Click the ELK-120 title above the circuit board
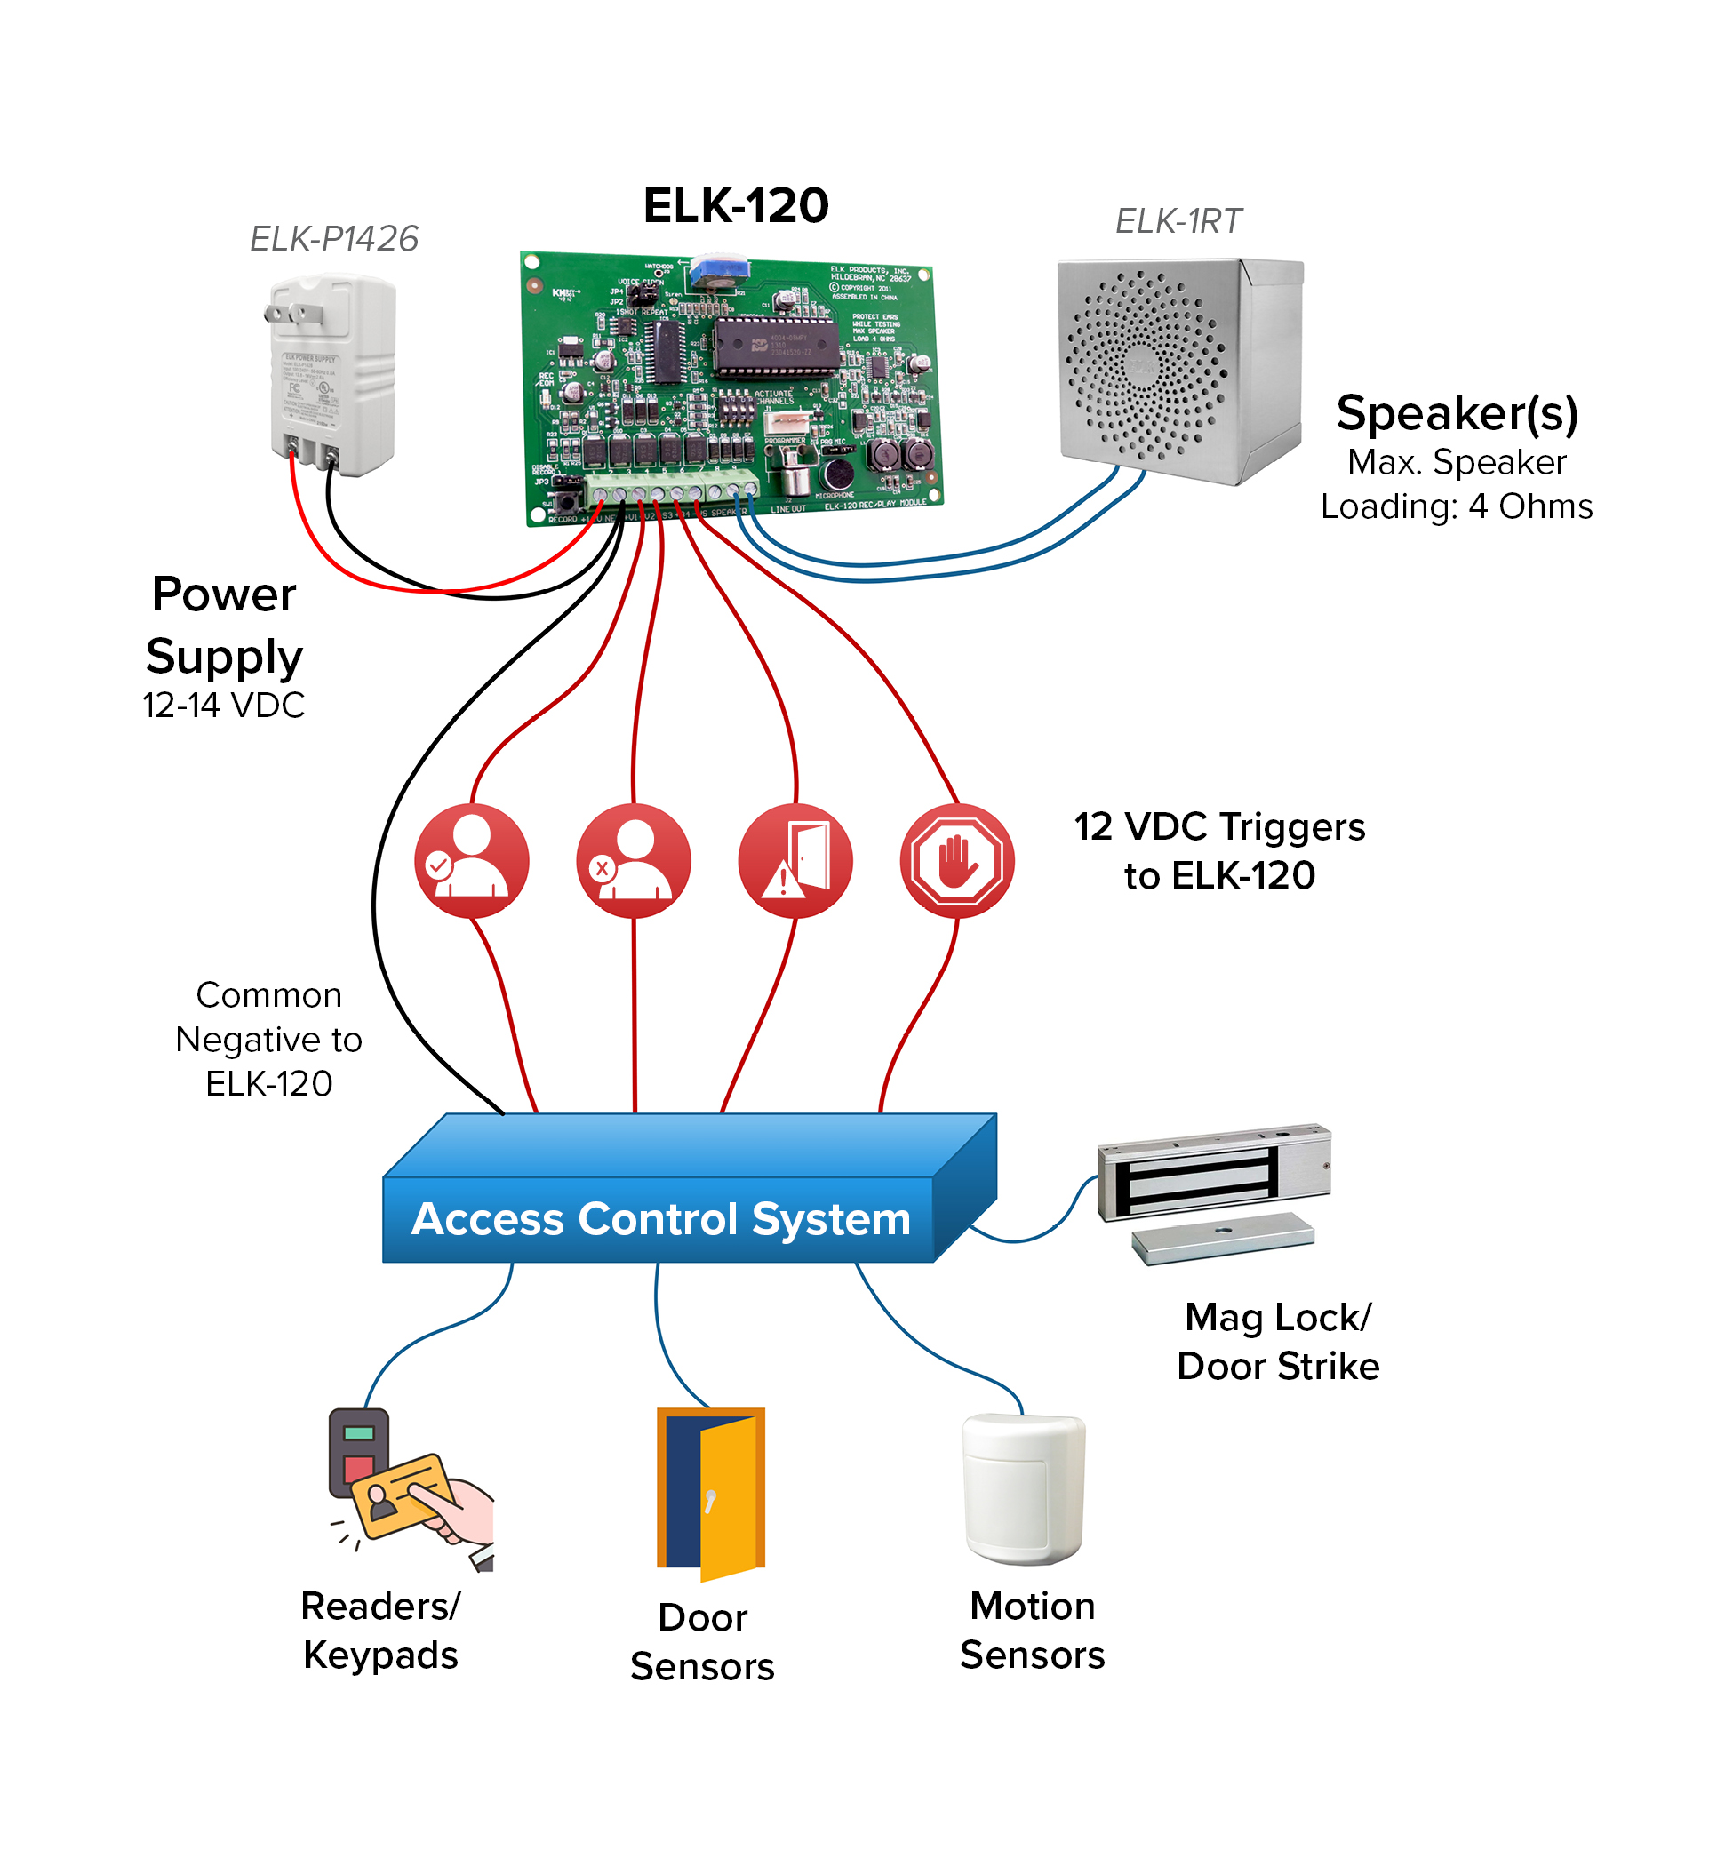(x=735, y=206)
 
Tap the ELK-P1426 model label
(x=334, y=239)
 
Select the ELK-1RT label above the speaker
(x=1177, y=221)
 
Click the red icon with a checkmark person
(x=472, y=860)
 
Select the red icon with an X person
(x=633, y=860)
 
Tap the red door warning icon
(x=795, y=860)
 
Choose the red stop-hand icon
(x=956, y=860)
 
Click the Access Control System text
(x=661, y=1219)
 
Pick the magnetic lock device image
(x=1213, y=1191)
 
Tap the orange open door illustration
(x=711, y=1491)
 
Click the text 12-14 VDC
(x=223, y=706)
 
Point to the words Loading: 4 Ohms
(x=1456, y=506)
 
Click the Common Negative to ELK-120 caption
(x=268, y=1039)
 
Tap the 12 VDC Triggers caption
(x=1219, y=850)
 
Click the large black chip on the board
(x=775, y=345)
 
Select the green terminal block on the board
(x=672, y=490)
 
